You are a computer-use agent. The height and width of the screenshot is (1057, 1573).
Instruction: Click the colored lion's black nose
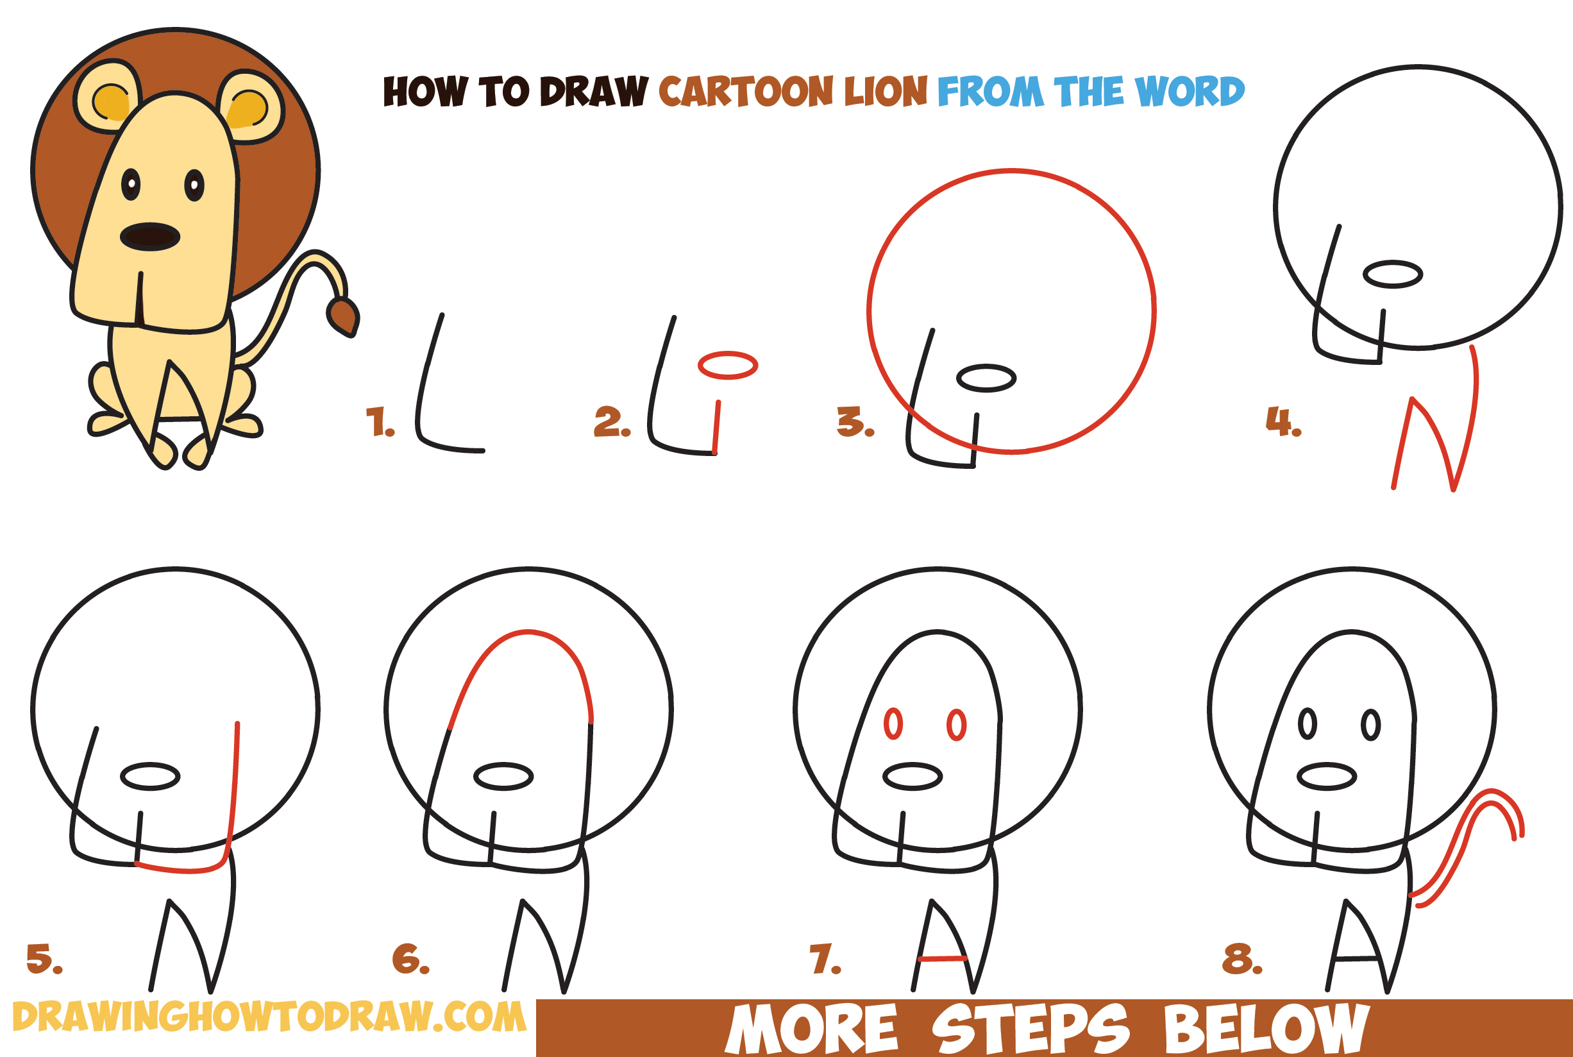point(149,237)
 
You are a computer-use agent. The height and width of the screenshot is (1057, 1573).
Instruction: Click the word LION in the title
point(886,91)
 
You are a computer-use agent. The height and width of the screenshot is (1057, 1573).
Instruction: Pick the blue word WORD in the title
point(1189,91)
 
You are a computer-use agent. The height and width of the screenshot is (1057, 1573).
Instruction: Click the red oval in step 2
point(728,366)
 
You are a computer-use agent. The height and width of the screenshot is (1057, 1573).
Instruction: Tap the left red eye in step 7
point(893,724)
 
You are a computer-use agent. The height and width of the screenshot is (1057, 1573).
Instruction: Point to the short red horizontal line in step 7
point(942,958)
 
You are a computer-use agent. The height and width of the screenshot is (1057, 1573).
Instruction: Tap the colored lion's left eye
point(131,184)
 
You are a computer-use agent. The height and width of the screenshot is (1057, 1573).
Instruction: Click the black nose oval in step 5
point(150,777)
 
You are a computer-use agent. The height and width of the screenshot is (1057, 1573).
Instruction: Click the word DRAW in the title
point(593,91)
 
